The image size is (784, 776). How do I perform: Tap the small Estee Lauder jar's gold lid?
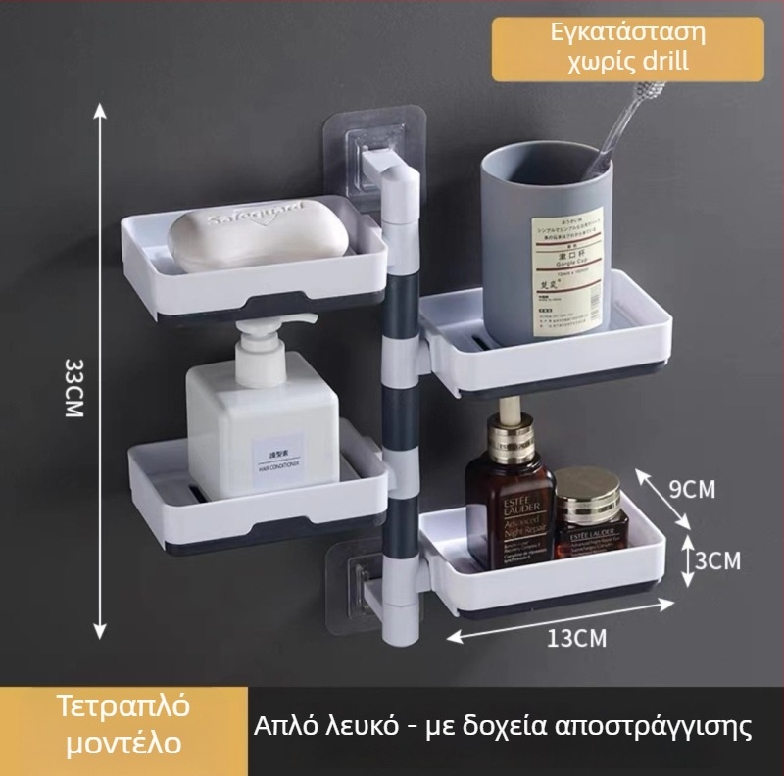coord(588,487)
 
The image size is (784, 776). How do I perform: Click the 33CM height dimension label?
coord(73,388)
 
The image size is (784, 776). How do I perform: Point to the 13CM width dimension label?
coord(576,639)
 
